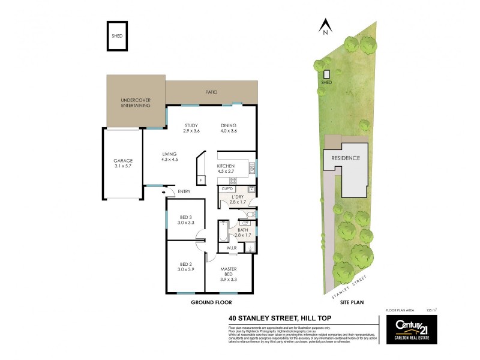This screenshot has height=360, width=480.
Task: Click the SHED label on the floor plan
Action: coord(117,36)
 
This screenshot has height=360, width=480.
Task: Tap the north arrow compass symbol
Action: coord(326,26)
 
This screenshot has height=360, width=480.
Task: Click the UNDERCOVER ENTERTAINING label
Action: coord(135,103)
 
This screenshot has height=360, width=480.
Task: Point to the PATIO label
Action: coord(211,92)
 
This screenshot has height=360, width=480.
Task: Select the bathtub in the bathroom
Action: coord(221,231)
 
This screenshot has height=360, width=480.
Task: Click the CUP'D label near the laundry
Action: coord(227,189)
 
